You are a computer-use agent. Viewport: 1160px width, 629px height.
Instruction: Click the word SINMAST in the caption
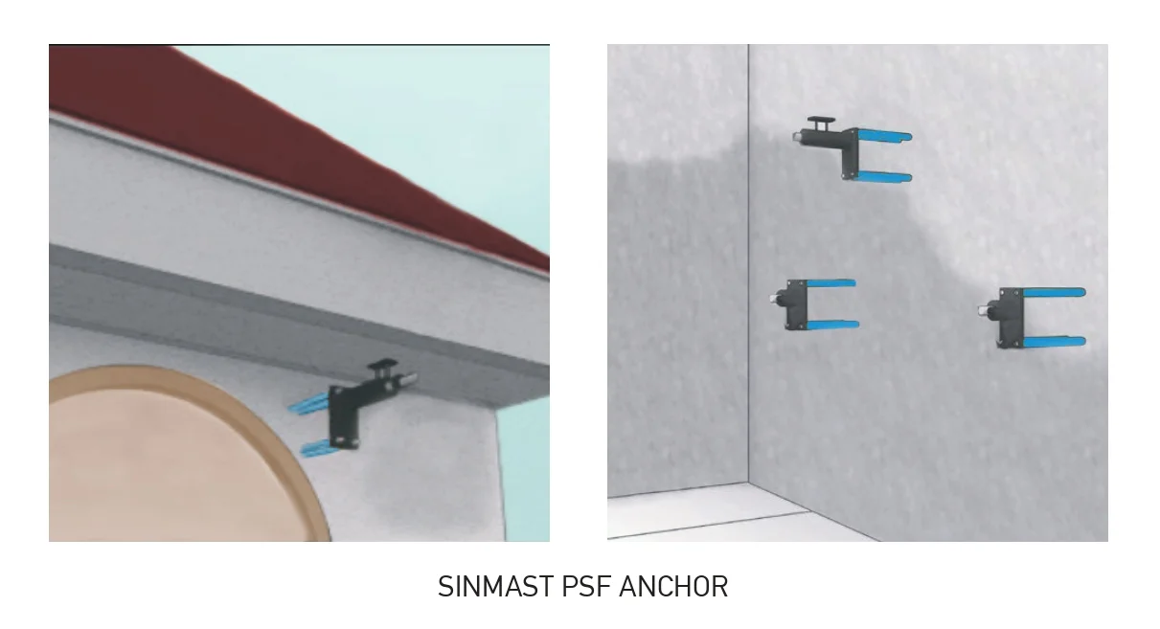[496, 587]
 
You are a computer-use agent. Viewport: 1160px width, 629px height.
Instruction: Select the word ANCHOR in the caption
[673, 587]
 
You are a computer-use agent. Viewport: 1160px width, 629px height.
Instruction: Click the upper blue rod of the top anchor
[884, 136]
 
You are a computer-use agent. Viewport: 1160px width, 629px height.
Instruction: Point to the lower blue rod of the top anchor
[884, 176]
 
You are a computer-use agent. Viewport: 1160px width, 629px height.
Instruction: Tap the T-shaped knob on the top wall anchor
[821, 124]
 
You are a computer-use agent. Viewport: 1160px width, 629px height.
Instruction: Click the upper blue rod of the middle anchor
[830, 283]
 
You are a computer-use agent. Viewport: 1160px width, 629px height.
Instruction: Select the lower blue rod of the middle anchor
[832, 325]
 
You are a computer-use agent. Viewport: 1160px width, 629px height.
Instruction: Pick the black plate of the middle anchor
[796, 304]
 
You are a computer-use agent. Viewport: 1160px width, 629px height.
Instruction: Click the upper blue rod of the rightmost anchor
[1055, 293]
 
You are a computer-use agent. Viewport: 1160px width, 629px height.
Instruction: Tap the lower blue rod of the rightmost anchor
[1055, 342]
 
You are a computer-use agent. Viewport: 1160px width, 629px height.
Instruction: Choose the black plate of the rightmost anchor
[1011, 317]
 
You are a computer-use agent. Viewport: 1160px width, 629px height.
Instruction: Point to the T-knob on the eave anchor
[383, 367]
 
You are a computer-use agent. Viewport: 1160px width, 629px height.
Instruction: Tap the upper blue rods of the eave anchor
[308, 403]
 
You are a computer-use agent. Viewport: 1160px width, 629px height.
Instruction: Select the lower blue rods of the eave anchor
[317, 448]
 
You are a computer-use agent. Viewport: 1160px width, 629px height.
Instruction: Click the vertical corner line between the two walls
[748, 264]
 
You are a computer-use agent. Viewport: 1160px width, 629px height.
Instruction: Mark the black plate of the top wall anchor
[850, 154]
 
